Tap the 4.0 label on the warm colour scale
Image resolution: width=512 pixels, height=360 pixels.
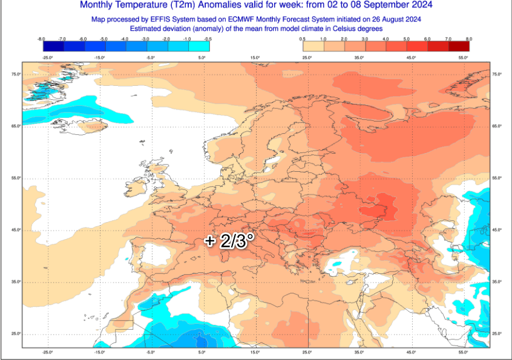click(x=386, y=39)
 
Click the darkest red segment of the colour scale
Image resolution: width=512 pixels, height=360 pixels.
click(x=459, y=46)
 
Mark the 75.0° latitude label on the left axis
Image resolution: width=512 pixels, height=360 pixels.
click(x=16, y=74)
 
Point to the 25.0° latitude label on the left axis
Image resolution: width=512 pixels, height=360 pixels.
click(x=16, y=334)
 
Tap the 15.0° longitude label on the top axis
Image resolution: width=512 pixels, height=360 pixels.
click(x=255, y=57)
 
